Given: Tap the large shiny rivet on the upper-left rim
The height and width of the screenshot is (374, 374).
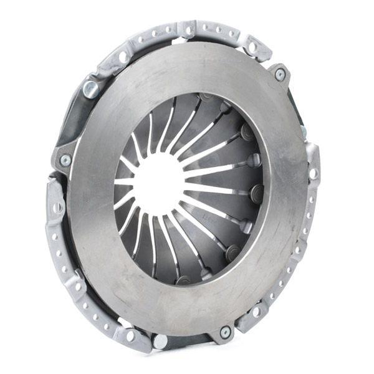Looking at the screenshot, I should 91,88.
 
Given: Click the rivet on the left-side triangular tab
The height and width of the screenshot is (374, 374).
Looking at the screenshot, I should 65,160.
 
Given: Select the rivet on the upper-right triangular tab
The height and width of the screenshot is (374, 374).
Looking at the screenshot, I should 279,74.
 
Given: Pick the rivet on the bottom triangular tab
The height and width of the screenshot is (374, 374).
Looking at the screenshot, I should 224,332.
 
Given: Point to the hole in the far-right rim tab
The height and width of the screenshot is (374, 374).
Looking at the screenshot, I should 314,173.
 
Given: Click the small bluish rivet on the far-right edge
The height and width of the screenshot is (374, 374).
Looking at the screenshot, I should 304,132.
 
